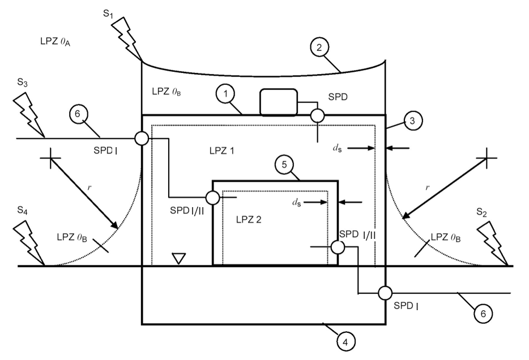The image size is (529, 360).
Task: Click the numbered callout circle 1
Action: point(225,94)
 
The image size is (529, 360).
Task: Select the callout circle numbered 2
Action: point(319,47)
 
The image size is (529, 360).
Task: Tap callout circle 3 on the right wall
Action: point(412,121)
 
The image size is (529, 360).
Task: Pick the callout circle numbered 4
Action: point(346,342)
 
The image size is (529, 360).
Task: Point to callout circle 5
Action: point(284,165)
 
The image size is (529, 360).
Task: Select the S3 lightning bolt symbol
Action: point(29,114)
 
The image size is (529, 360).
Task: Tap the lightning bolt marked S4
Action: point(29,243)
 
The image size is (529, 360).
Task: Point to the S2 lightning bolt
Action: point(493,243)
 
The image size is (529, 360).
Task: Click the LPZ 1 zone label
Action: point(221,151)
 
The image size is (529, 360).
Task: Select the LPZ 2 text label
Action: point(249,220)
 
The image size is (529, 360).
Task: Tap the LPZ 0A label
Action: point(56,42)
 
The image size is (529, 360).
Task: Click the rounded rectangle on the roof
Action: point(279,102)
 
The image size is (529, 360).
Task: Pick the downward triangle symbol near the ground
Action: point(179,259)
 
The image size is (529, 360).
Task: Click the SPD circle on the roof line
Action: point(317,115)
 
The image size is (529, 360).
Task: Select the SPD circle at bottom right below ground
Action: point(385,293)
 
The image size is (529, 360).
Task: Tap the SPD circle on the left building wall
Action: point(142,138)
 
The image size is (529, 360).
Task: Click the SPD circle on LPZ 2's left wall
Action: point(213,198)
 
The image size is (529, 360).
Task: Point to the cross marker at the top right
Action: point(487,158)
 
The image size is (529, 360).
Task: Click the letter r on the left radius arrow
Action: point(89,188)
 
